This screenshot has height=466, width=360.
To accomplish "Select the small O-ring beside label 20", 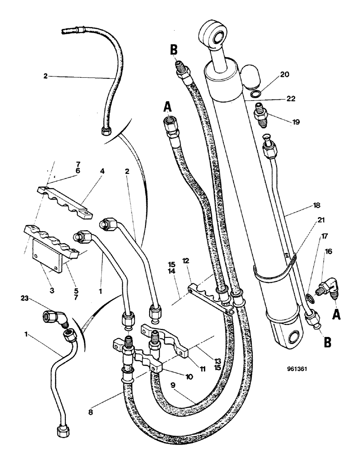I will click(x=255, y=94).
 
